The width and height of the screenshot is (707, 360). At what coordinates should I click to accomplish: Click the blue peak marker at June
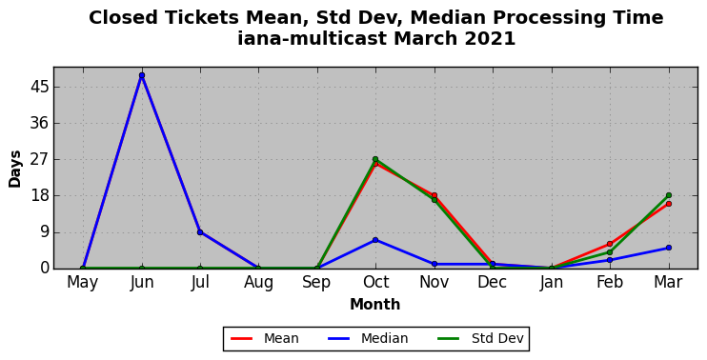point(142,75)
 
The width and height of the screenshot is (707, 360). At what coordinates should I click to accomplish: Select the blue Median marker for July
point(200,232)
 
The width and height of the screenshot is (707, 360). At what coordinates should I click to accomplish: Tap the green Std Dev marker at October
point(375,159)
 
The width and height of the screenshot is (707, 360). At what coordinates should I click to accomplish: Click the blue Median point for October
point(375,240)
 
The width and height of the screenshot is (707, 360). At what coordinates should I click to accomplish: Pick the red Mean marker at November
point(434,195)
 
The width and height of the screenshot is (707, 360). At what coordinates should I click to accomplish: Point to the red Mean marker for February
point(610,244)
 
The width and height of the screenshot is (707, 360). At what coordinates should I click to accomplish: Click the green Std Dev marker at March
point(669,195)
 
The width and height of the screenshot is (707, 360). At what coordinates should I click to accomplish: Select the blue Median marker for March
point(669,248)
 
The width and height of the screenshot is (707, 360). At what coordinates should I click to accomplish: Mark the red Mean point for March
point(669,204)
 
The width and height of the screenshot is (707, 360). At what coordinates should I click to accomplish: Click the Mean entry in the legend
point(265,338)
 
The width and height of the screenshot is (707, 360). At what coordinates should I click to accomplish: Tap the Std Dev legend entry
point(480,338)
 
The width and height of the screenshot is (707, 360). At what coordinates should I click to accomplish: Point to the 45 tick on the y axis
point(39,87)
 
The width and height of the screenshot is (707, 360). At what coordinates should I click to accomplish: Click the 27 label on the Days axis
point(39,160)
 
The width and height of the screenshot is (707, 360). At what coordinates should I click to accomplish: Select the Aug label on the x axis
point(258,283)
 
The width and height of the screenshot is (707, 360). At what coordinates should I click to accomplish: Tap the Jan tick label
point(552,282)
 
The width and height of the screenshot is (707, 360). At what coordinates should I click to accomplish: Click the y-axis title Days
point(15,169)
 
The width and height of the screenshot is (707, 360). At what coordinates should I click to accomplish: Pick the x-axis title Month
point(375,304)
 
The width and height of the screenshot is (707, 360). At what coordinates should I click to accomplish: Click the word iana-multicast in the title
point(313,39)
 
